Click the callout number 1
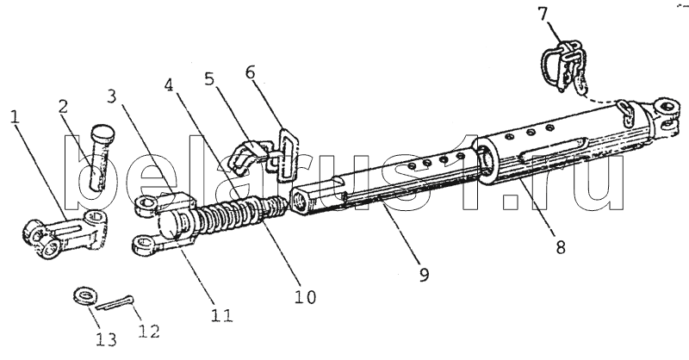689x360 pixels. pyautogui.click(x=15, y=116)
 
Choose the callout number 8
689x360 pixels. pyautogui.click(x=560, y=248)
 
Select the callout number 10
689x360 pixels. pyautogui.click(x=305, y=297)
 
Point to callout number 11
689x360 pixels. pyautogui.click(x=222, y=315)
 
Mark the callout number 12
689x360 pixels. pyautogui.click(x=148, y=329)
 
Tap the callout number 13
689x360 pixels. pyautogui.click(x=107, y=339)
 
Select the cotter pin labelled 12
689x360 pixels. pyautogui.click(x=115, y=303)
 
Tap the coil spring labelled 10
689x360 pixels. pyautogui.click(x=241, y=216)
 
